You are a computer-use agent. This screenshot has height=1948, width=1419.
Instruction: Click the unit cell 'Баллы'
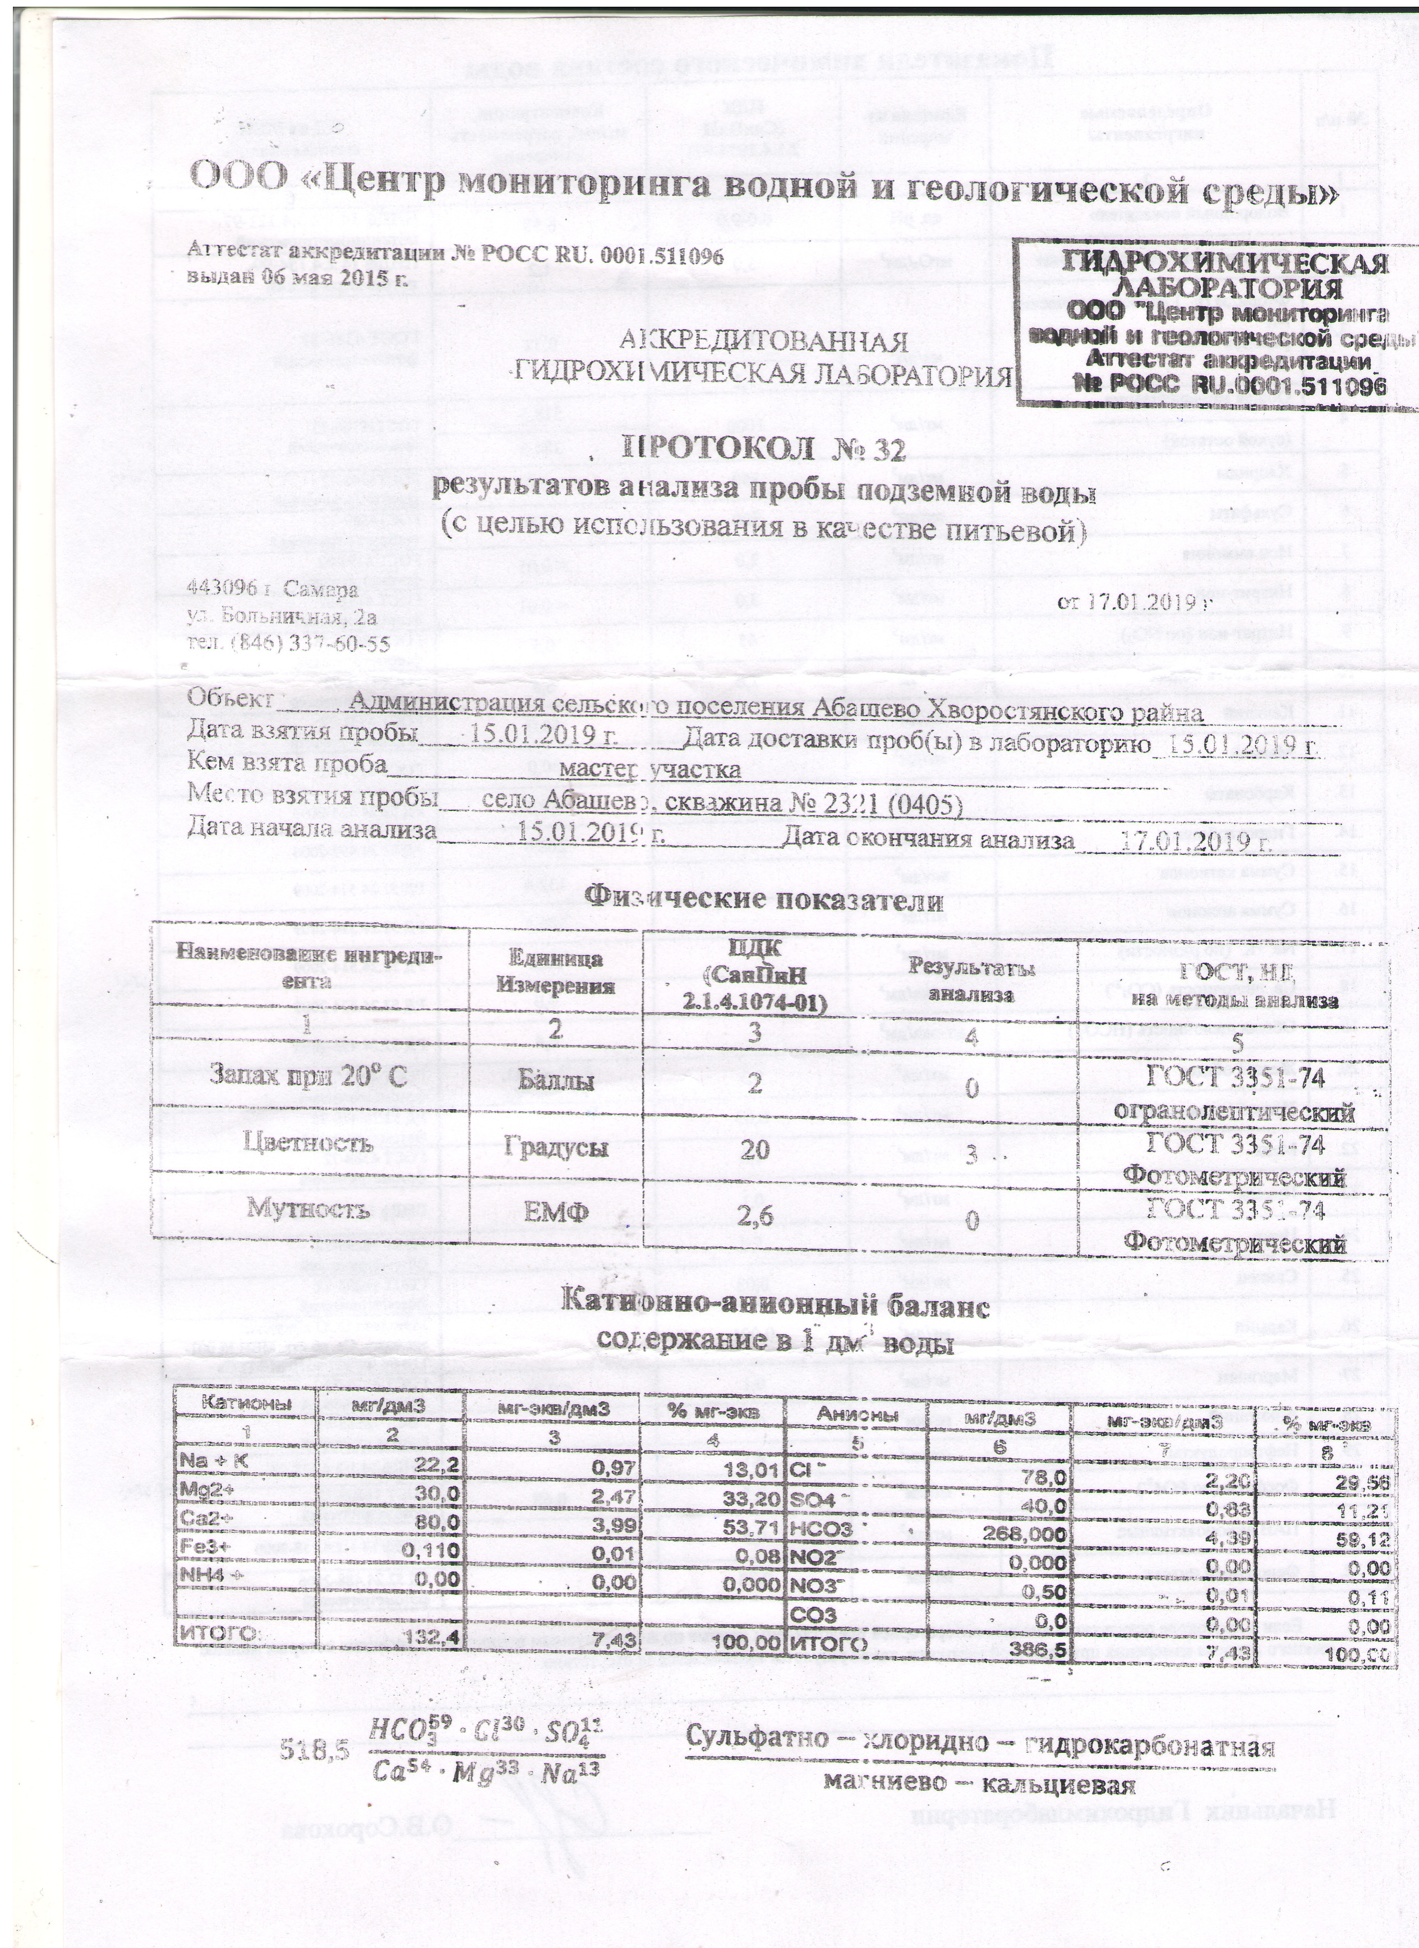coord(556,1083)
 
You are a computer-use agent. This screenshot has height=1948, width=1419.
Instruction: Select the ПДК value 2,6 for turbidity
coord(754,1214)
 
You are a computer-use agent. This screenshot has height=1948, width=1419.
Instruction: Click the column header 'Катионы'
coord(245,1402)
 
